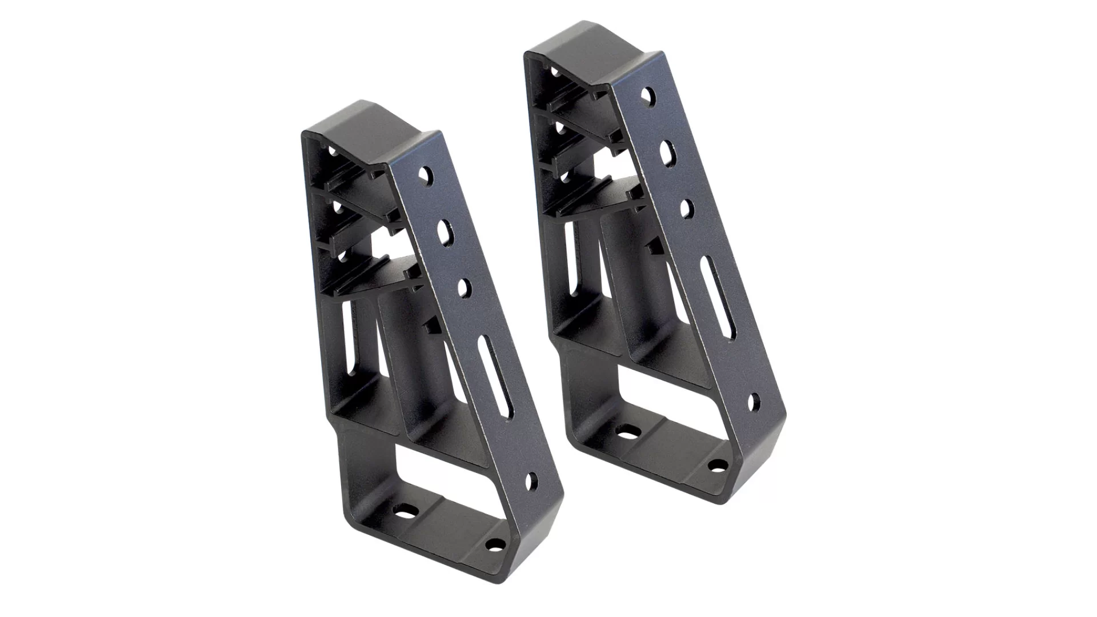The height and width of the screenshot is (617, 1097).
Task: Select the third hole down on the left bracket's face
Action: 463,286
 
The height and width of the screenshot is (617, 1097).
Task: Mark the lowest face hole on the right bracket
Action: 754,402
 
